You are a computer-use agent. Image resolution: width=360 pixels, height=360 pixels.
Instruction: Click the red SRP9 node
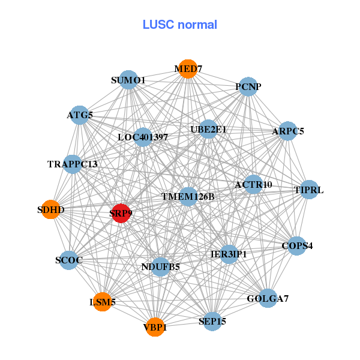click(x=121, y=213)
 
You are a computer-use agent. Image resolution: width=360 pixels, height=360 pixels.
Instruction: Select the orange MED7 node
click(x=188, y=69)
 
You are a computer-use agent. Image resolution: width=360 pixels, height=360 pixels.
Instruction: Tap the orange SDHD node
click(x=50, y=209)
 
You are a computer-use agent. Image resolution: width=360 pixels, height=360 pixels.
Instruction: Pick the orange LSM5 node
click(x=103, y=302)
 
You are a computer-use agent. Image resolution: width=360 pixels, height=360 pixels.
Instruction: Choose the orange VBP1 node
click(x=155, y=327)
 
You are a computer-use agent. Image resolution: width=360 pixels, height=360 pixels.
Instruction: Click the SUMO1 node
click(x=128, y=80)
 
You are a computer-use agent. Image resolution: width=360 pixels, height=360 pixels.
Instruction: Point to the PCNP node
click(x=248, y=87)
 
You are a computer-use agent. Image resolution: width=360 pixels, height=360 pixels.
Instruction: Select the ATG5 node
click(x=80, y=115)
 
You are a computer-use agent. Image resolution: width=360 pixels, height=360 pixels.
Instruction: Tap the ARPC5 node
click(x=288, y=131)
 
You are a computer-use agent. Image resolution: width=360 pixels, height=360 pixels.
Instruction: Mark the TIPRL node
click(x=309, y=190)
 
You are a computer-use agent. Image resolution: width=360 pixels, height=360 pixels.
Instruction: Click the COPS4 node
click(x=297, y=245)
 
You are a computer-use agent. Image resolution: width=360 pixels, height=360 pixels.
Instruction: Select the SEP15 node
click(x=212, y=322)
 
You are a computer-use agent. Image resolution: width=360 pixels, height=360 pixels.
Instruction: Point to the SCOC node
click(x=69, y=260)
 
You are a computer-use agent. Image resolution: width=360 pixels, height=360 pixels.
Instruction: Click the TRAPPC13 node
click(x=73, y=164)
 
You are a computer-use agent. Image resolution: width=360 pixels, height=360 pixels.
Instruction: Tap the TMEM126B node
click(x=188, y=196)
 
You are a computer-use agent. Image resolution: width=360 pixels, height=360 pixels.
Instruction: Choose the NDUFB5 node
click(x=160, y=266)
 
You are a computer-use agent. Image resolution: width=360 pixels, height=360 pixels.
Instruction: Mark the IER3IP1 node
click(x=229, y=254)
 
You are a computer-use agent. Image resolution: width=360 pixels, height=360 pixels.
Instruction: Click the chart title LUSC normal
click(x=180, y=25)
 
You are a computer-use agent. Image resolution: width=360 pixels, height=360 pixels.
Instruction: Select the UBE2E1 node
click(x=208, y=128)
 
